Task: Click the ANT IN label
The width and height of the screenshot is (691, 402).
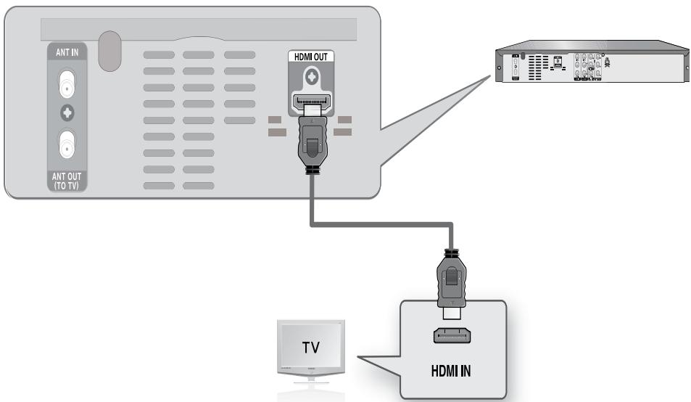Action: (67, 52)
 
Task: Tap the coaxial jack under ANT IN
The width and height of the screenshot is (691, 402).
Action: (67, 85)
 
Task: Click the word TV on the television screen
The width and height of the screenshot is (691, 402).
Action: (308, 348)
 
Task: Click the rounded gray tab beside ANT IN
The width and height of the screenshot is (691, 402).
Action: (109, 52)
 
